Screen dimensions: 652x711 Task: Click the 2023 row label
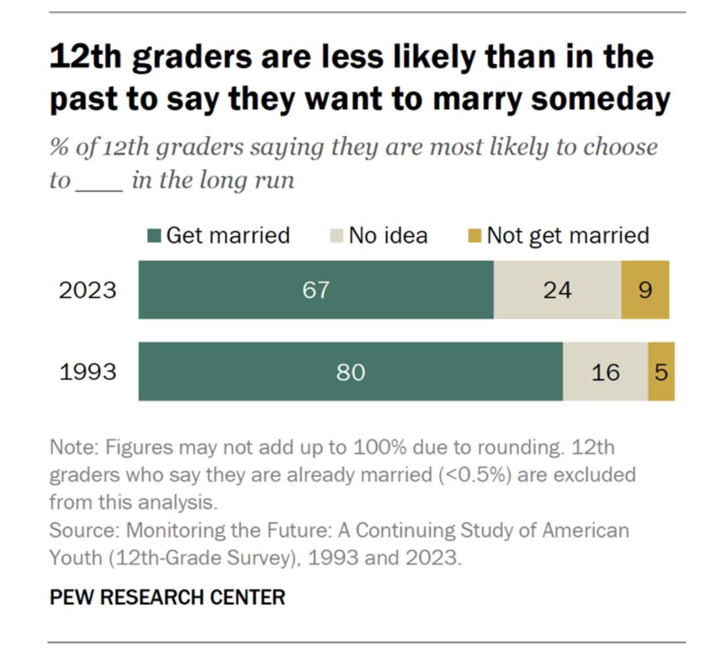(88, 290)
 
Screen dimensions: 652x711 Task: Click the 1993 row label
(88, 371)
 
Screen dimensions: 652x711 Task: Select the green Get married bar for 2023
(315, 290)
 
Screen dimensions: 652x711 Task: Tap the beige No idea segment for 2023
(557, 290)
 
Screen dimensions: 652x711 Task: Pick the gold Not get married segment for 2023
(645, 290)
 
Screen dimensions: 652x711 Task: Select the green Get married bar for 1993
(350, 371)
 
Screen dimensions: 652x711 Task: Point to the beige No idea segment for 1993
(605, 371)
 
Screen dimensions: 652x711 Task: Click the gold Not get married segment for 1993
(661, 371)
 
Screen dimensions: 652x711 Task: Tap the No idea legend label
(388, 235)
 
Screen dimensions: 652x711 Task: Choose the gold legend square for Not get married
(475, 236)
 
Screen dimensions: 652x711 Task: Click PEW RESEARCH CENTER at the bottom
(167, 597)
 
